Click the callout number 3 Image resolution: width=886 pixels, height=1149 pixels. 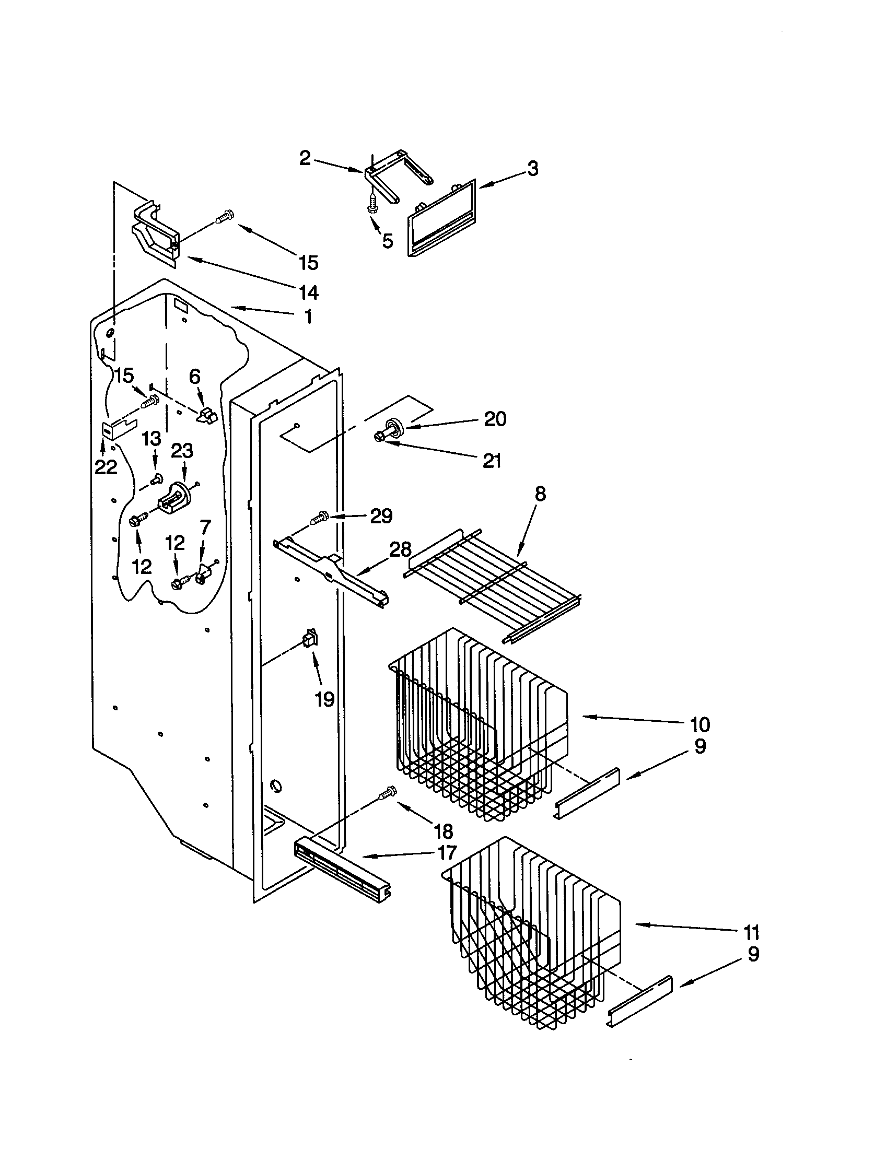coord(532,169)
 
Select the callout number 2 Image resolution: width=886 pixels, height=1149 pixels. coord(305,158)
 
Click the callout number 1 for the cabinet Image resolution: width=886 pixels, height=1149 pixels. coord(308,316)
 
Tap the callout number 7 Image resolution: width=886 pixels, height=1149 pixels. coord(205,526)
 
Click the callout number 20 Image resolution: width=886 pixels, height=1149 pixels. coord(495,419)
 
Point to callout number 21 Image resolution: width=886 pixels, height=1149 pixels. coord(492,461)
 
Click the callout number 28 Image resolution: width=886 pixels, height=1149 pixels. coord(400,550)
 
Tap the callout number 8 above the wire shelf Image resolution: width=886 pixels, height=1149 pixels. coord(540,494)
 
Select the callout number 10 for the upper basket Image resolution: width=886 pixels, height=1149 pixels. coord(700,724)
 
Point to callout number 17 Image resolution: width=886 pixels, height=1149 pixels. coord(445,852)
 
